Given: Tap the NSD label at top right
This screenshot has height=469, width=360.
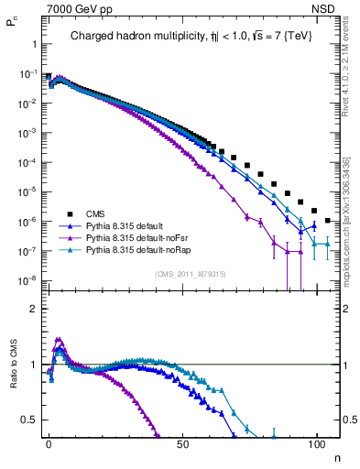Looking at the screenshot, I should (325, 9).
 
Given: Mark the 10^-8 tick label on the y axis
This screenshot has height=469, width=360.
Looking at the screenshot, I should (28, 280).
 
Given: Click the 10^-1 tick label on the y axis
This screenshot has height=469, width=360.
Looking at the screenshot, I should (28, 74).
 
